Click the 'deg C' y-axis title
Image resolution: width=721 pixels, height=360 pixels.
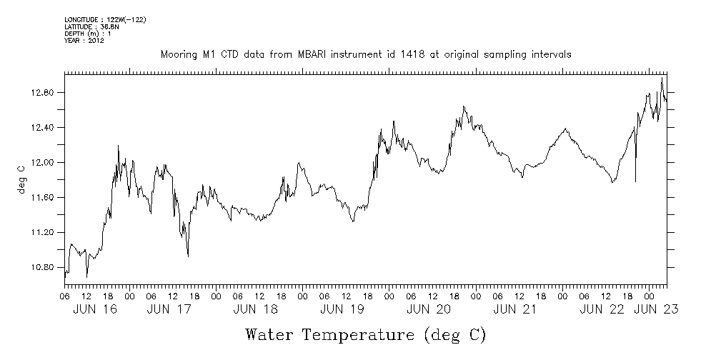21,180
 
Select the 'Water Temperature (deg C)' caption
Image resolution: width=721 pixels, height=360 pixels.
365,334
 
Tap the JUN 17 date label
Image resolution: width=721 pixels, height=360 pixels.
169,310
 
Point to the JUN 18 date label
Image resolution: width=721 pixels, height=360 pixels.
255,310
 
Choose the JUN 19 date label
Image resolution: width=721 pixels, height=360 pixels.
342,310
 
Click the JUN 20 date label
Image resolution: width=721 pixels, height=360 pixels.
429,310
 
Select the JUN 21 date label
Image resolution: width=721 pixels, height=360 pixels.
515,310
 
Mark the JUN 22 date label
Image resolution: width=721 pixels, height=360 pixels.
602,310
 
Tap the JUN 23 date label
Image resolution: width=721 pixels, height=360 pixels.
657,310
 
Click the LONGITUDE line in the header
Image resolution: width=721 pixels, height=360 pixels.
105,19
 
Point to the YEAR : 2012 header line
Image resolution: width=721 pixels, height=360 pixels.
84,41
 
